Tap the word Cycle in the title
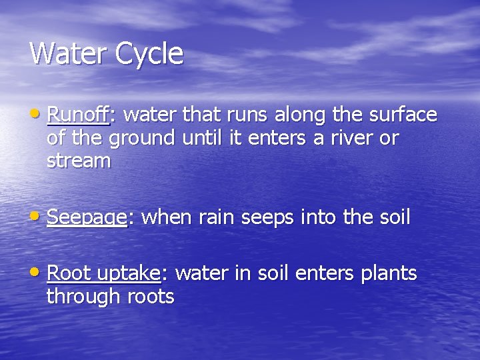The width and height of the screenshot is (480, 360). point(149,54)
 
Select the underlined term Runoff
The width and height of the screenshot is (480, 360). point(78,115)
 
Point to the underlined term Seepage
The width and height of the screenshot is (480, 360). point(87,217)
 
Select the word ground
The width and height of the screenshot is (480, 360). point(143,139)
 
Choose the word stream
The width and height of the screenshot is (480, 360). point(79,161)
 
